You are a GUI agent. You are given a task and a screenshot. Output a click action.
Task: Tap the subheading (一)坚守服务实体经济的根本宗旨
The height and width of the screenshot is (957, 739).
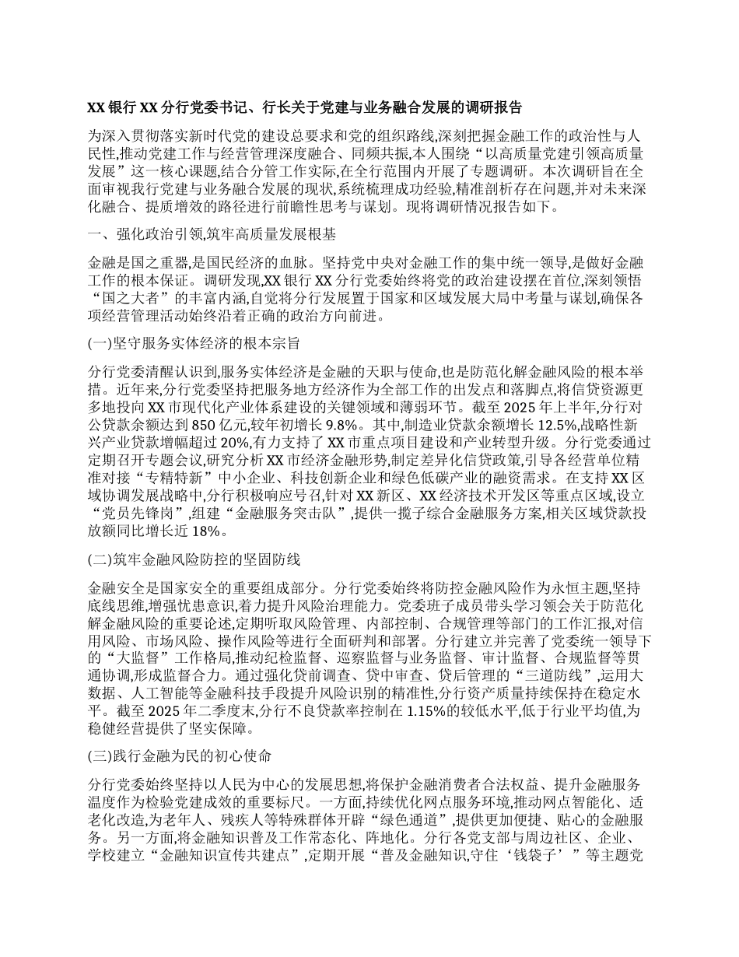191,342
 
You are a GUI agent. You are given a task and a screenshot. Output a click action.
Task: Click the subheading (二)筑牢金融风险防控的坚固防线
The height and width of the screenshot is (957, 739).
191,559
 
